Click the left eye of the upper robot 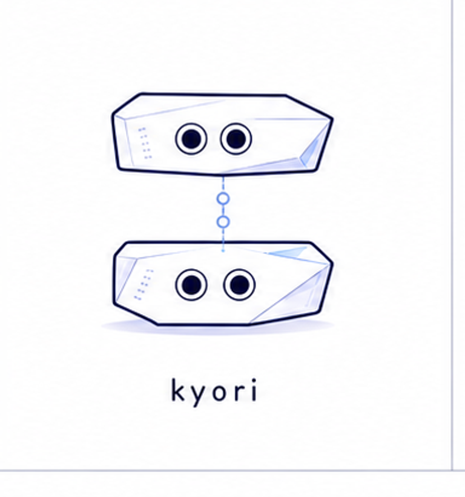191,139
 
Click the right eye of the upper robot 236,139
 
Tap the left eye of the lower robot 191,284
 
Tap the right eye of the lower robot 239,284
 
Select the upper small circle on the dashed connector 223,198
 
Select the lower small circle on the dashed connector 223,222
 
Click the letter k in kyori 179,390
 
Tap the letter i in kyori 254,390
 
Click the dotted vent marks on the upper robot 145,143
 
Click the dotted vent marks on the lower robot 143,284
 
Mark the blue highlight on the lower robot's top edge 288,252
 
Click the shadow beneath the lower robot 217,328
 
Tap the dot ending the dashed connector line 223,251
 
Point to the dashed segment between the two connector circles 223,210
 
